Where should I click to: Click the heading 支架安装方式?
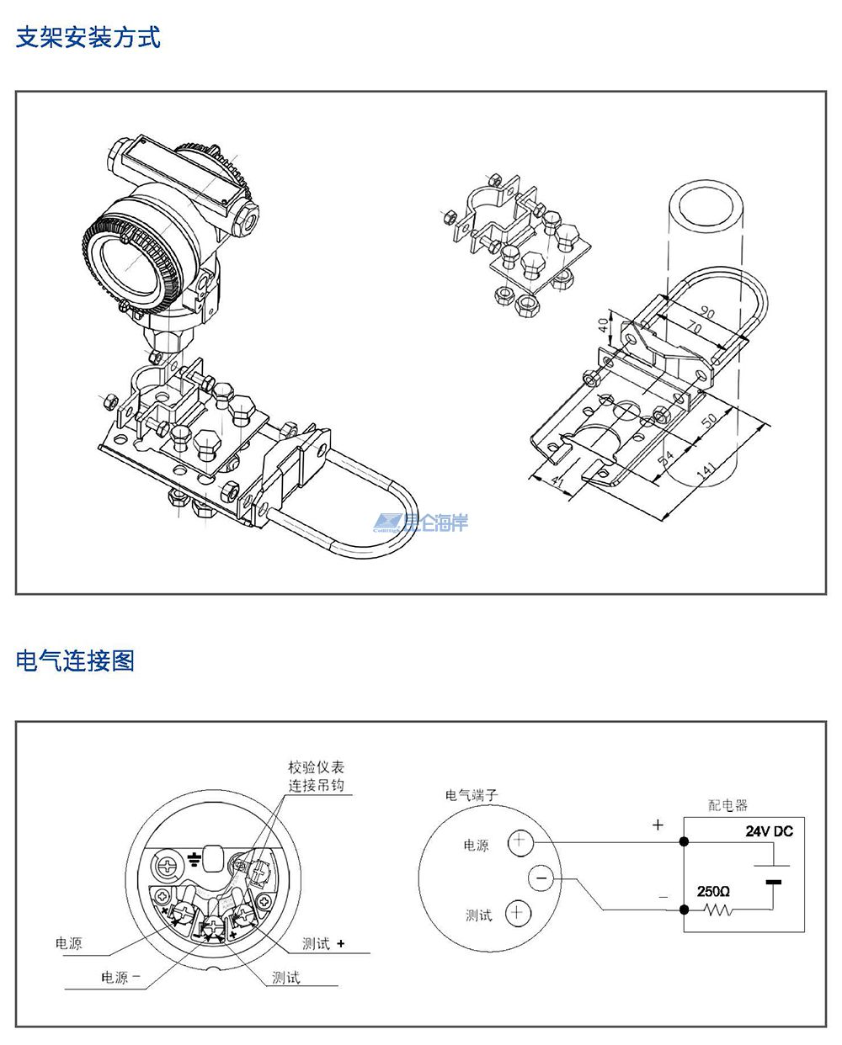88,38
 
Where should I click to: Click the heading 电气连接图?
75,660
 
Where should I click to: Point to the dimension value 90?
706,314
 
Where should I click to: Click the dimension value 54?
665,458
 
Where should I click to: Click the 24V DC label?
768,831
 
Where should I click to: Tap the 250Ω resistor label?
713,891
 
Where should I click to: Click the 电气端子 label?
472,794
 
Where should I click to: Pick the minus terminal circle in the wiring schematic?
541,878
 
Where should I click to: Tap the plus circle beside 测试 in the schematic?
518,913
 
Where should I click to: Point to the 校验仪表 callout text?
316,767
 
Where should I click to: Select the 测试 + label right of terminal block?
323,944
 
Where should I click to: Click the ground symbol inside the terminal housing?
194,859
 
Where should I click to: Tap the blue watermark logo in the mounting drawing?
421,523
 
